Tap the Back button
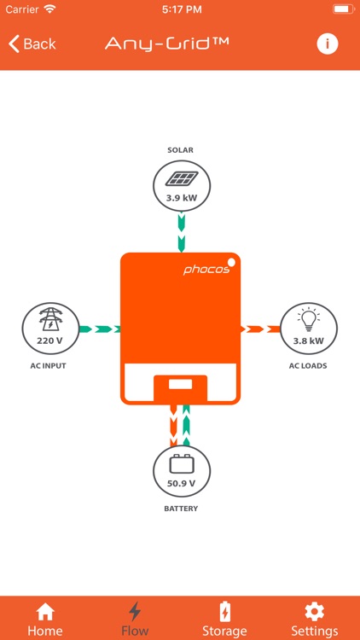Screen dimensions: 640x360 (x=32, y=44)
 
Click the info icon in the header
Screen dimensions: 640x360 (x=328, y=44)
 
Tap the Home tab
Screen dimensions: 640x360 (x=45, y=619)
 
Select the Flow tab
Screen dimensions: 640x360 (x=135, y=619)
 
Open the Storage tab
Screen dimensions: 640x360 (x=224, y=619)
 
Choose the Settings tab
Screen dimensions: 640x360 (x=315, y=619)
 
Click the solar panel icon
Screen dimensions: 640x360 (x=181, y=178)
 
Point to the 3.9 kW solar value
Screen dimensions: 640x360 (x=181, y=198)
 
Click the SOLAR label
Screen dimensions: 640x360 (x=181, y=150)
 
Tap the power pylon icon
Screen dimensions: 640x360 (x=50, y=320)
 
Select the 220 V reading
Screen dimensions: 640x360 (x=50, y=340)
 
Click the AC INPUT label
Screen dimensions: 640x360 (x=48, y=366)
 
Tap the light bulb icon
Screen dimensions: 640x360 (x=309, y=320)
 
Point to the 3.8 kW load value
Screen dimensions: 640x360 (x=309, y=340)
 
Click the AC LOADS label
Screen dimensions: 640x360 (x=309, y=366)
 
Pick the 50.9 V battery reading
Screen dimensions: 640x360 (x=181, y=484)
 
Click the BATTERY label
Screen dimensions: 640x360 (x=181, y=509)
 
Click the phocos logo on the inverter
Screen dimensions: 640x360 (x=206, y=270)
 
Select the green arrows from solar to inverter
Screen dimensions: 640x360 (x=181, y=232)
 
